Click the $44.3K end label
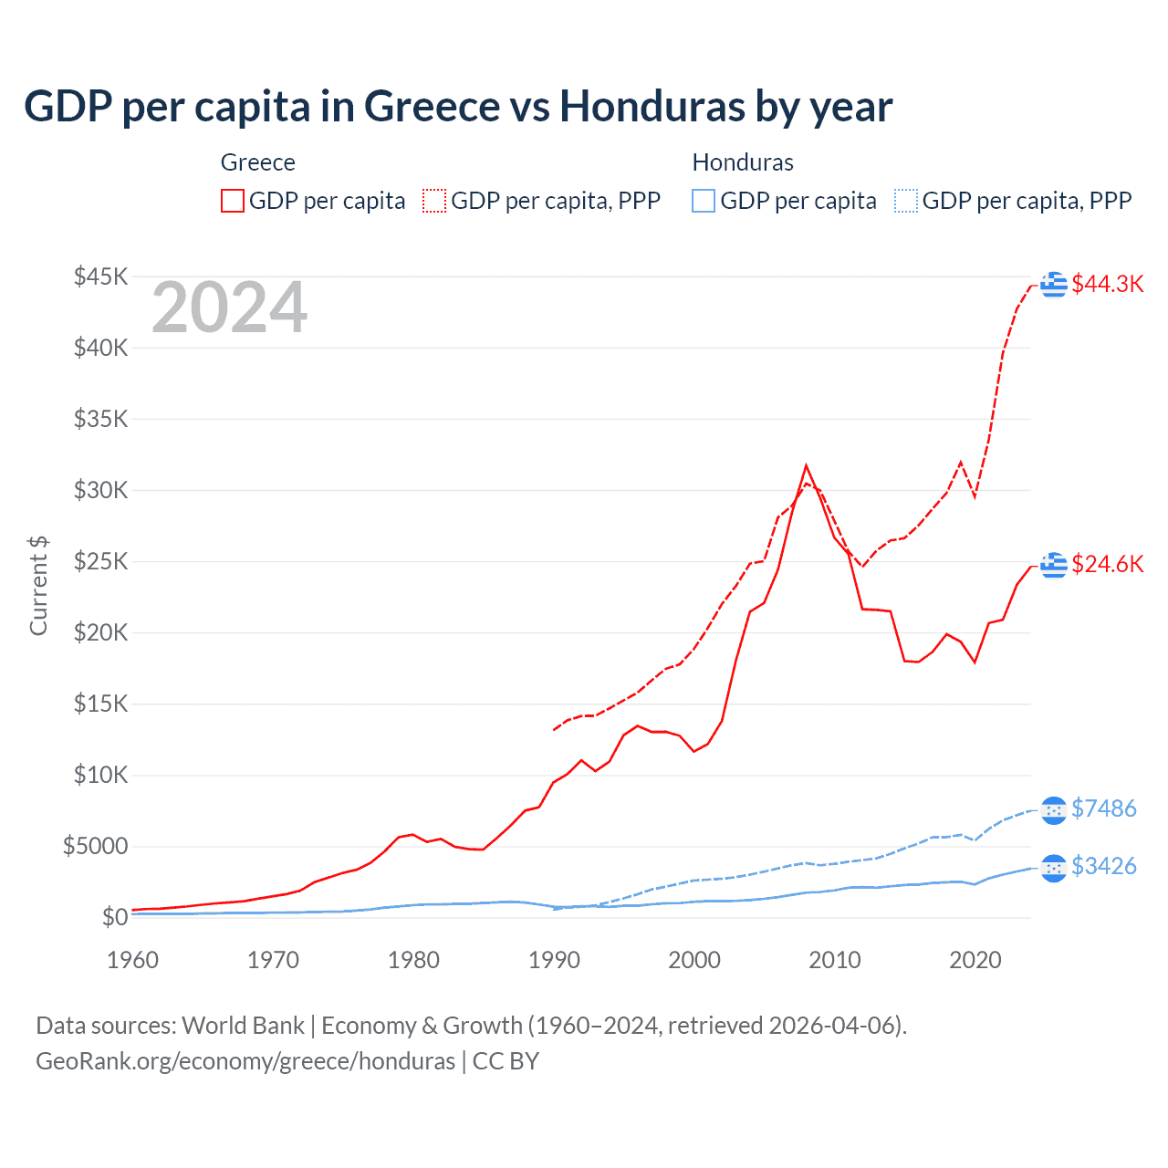(x=1107, y=284)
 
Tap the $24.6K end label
(x=1107, y=564)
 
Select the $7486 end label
(x=1103, y=808)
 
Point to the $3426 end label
(x=1103, y=866)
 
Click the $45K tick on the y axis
(x=100, y=276)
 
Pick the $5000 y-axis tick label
(x=95, y=846)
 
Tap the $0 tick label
(x=114, y=917)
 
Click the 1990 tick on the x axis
(x=554, y=960)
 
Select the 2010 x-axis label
(x=835, y=960)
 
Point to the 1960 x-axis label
(x=133, y=960)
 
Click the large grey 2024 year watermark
(x=229, y=308)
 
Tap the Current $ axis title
(x=38, y=586)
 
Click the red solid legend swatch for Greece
(x=233, y=201)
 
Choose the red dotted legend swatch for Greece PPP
(x=434, y=201)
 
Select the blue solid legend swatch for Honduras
(x=704, y=201)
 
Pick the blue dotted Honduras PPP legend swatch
(x=906, y=201)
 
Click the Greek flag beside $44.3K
(x=1054, y=285)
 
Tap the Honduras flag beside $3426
(x=1054, y=868)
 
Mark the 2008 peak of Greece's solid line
(x=806, y=466)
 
